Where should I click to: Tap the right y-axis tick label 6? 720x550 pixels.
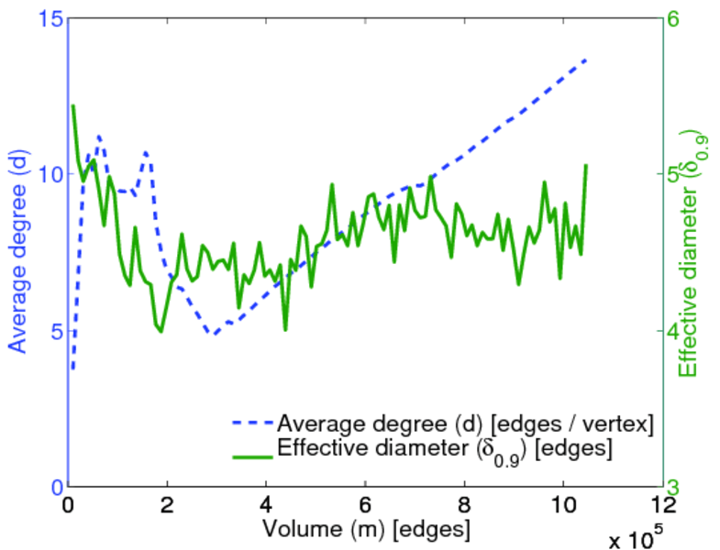683,18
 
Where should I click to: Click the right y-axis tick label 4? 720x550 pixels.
683,331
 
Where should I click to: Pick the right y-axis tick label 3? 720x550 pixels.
683,487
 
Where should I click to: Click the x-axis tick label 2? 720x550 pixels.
167,505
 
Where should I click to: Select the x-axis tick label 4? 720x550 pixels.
266,505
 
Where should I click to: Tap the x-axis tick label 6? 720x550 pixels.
365,505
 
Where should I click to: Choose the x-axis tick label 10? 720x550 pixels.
562,505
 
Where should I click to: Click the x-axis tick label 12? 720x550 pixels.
661,505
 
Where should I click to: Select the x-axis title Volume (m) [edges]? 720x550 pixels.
367,529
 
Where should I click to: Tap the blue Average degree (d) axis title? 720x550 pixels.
17,252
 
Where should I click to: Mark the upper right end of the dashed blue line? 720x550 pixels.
585,60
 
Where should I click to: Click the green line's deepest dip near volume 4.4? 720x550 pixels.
285,329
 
